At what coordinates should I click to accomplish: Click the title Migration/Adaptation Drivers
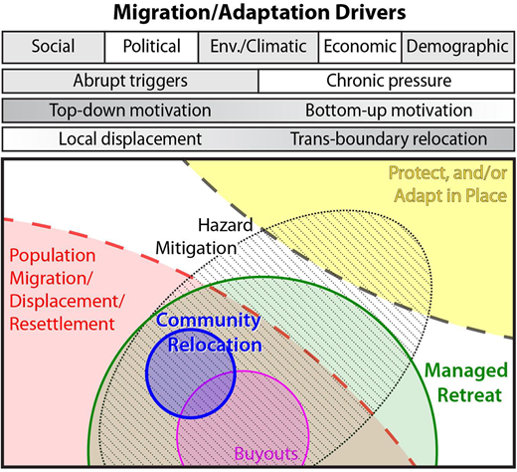pos(258,14)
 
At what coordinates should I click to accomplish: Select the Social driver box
pos(54,47)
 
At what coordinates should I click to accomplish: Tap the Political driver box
pos(151,47)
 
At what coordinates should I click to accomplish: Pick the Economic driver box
pos(359,47)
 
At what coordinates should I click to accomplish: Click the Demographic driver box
pos(456,47)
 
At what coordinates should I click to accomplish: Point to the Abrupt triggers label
pos(131,80)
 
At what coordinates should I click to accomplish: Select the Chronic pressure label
pos(388,80)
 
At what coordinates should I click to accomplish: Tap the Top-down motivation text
pos(131,111)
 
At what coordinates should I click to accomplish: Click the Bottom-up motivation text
pos(388,111)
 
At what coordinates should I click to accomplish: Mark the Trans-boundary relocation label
pos(389,139)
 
